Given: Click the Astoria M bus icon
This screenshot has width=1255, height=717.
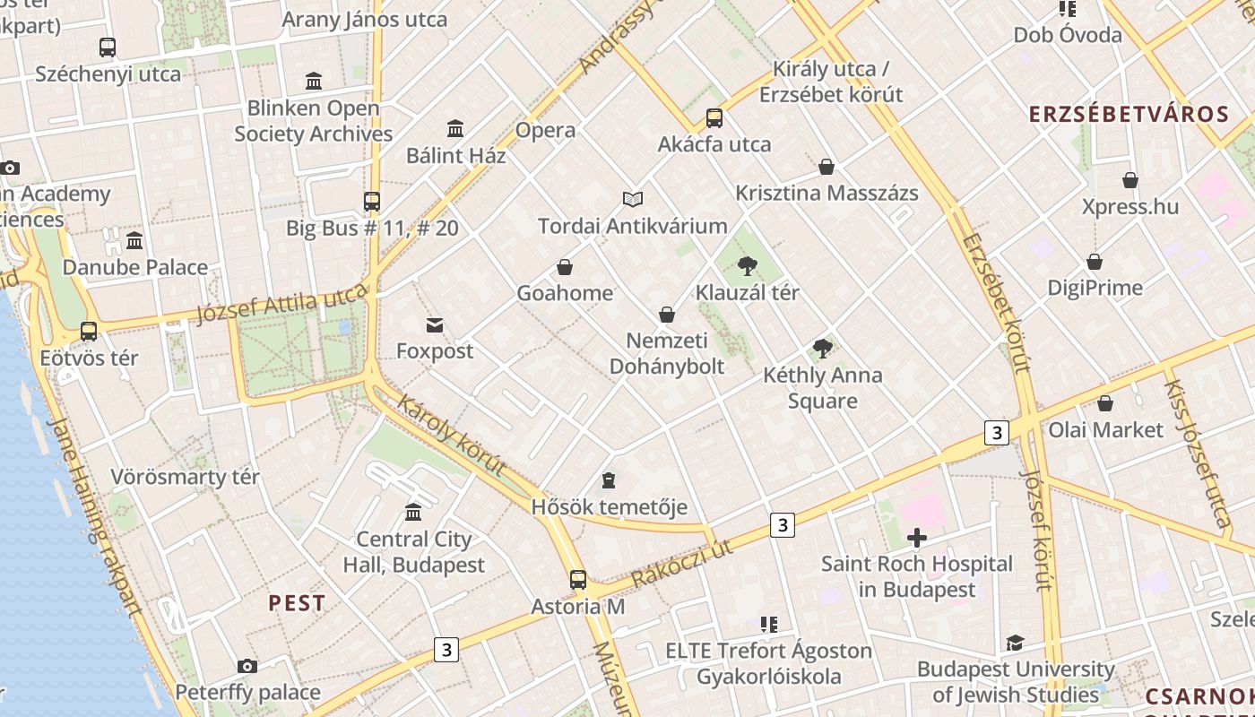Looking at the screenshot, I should [578, 580].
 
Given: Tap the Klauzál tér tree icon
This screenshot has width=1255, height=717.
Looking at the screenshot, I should [747, 265].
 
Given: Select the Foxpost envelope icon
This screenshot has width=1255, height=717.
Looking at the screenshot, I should [435, 324].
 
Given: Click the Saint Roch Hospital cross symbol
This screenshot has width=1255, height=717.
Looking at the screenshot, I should [916, 538].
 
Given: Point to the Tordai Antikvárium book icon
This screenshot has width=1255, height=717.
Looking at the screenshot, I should [633, 199].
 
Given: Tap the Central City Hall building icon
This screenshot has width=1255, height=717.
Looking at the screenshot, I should [413, 512].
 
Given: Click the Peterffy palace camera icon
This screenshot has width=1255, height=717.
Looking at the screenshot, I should [247, 666].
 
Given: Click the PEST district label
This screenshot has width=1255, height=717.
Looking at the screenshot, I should [297, 603].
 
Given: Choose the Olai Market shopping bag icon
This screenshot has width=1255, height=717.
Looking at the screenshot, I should [1105, 403].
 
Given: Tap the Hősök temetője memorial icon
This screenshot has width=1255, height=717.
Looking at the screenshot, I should [609, 480].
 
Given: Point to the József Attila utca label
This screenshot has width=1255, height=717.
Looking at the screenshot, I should [282, 303].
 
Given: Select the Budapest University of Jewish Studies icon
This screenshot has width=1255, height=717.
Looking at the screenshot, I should [1015, 643].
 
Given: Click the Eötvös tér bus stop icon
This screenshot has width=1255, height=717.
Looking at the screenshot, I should [89, 332].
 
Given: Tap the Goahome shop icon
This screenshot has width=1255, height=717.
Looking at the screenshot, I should [565, 267].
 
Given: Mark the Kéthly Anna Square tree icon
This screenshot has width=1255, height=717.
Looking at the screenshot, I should [822, 349].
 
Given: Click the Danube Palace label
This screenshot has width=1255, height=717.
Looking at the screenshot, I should [134, 267].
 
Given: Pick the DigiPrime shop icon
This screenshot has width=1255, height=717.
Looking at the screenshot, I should [1095, 262].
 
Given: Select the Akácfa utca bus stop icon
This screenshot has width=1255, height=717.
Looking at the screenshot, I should [714, 117].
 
